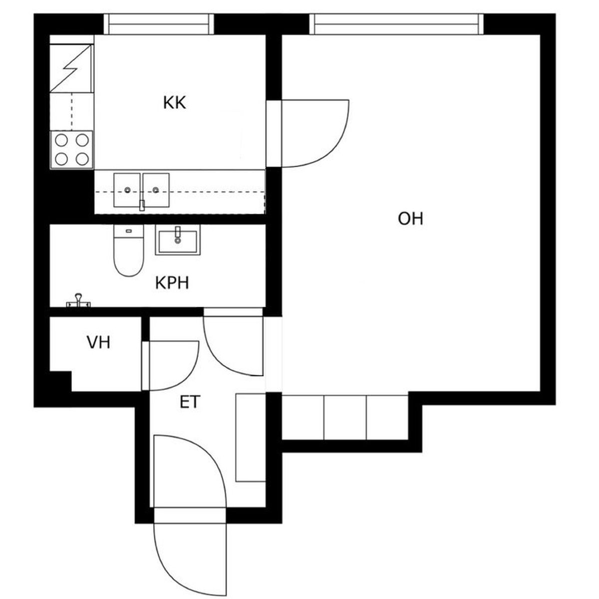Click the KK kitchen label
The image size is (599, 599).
click(x=174, y=103)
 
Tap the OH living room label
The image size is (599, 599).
click(x=410, y=219)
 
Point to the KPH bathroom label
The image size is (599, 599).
click(x=172, y=283)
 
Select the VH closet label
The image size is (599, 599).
click(x=98, y=342)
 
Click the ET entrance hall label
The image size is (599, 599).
click(x=190, y=402)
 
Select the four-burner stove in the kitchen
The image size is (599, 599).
click(x=71, y=150)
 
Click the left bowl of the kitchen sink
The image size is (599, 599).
click(x=127, y=190)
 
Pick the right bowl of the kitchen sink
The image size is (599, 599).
click(x=156, y=190)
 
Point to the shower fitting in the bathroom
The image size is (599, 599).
click(x=78, y=301)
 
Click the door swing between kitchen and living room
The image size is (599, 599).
click(x=339, y=146)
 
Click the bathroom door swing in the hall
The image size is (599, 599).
click(x=218, y=360)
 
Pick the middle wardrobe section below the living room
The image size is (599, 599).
click(x=345, y=417)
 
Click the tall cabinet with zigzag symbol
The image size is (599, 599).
click(x=72, y=68)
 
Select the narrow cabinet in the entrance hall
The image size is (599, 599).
click(x=251, y=438)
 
